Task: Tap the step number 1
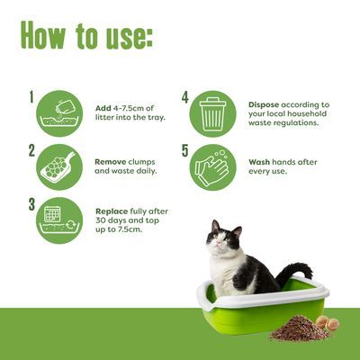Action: pyautogui.click(x=31, y=96)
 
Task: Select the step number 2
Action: pyautogui.click(x=31, y=149)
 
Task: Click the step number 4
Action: pyautogui.click(x=185, y=96)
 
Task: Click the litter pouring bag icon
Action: pyautogui.click(x=60, y=113)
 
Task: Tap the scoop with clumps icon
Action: pyautogui.click(x=60, y=166)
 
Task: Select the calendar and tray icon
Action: pyautogui.click(x=60, y=220)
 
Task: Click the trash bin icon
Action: pyautogui.click(x=213, y=113)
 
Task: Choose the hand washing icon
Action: pyautogui.click(x=213, y=166)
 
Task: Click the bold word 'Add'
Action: pyautogui.click(x=103, y=108)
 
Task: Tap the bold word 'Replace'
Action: pyautogui.click(x=112, y=211)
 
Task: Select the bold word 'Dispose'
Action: pyautogui.click(x=266, y=103)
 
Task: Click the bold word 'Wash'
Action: pyautogui.click(x=260, y=162)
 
